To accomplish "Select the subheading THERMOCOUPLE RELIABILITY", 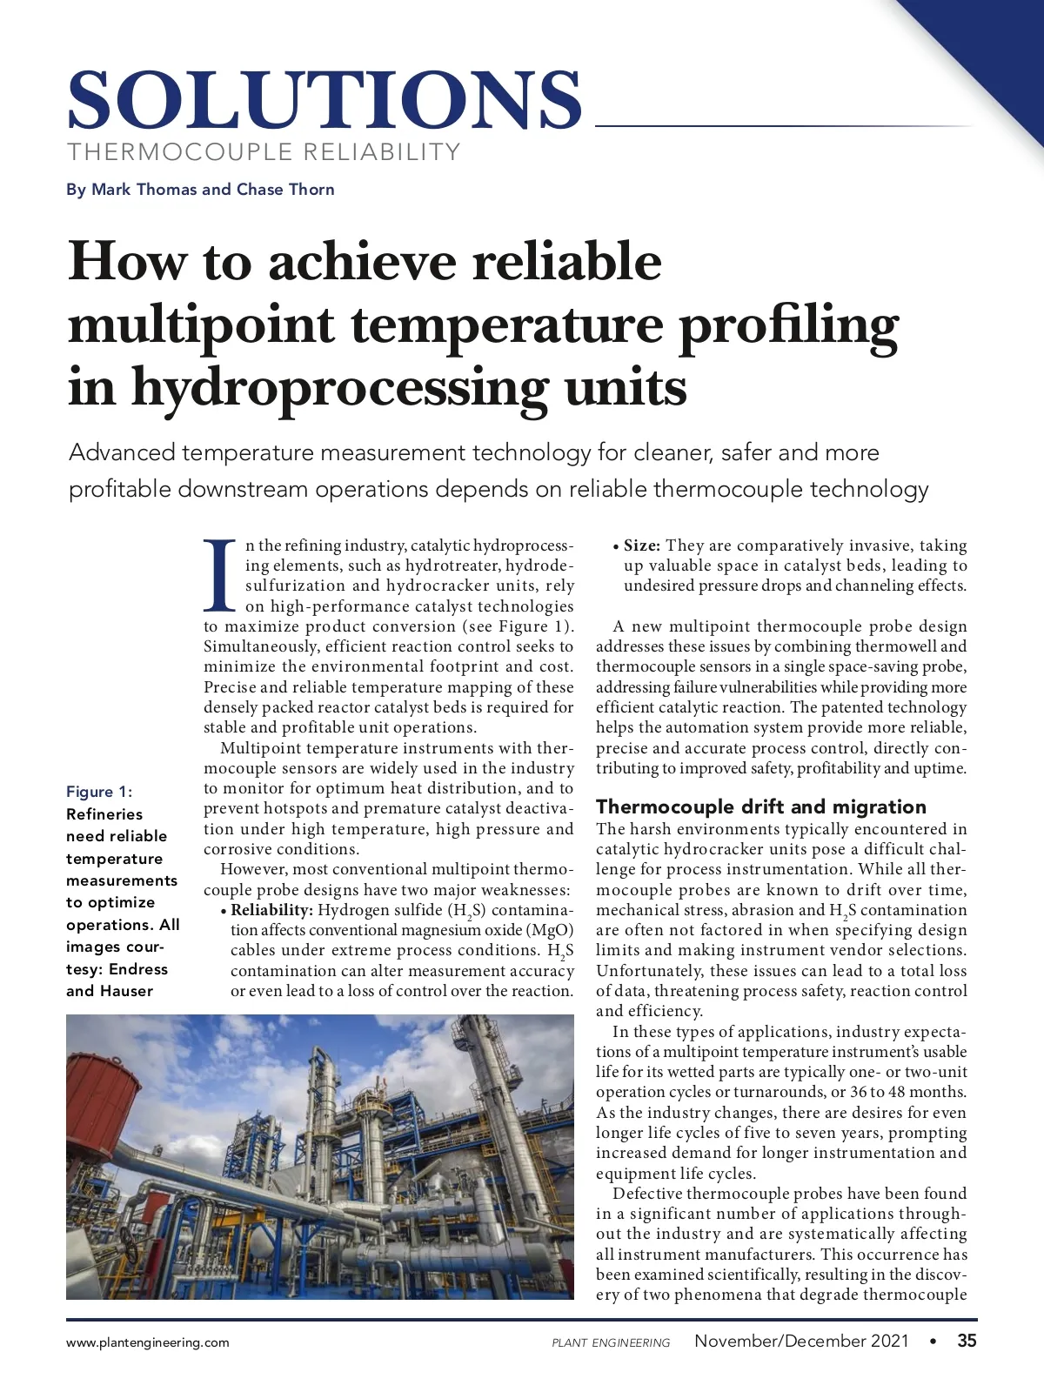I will [264, 152].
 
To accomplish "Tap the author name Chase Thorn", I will [285, 190].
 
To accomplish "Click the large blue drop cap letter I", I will [220, 575].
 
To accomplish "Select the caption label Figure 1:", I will [99, 792].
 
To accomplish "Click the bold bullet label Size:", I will [642, 545].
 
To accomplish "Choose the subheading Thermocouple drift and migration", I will [761, 806].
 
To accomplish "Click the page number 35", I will [967, 1341].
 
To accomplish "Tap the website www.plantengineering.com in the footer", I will [148, 1342].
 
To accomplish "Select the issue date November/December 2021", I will [801, 1341].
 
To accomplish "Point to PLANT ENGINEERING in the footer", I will [611, 1342].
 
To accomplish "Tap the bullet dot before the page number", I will [934, 1342].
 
